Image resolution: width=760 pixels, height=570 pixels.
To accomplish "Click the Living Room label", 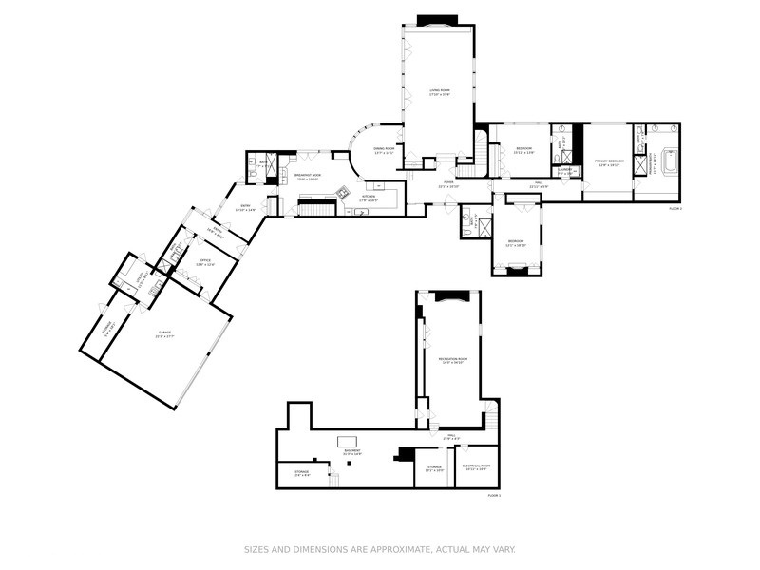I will point(438,92).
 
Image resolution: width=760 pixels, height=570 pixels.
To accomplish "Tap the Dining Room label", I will point(384,150).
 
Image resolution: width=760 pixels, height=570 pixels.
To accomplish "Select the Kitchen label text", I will point(368,199).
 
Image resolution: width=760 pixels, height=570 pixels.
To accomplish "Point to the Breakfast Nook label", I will point(307,176).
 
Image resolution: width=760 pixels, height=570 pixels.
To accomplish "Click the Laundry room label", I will point(563,173).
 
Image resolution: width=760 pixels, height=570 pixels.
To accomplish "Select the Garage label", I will point(164,333).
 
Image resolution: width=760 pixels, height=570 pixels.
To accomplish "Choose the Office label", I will point(204,263).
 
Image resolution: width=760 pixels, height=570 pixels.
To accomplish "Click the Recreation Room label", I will point(450,360).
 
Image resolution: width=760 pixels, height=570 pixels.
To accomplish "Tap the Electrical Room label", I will point(476,466).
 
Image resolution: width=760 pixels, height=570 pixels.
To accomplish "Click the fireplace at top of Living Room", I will point(437,19).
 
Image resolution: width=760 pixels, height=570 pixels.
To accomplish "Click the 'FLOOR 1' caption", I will point(493,495).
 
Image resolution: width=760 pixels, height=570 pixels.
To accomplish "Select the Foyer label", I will point(447,184).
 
